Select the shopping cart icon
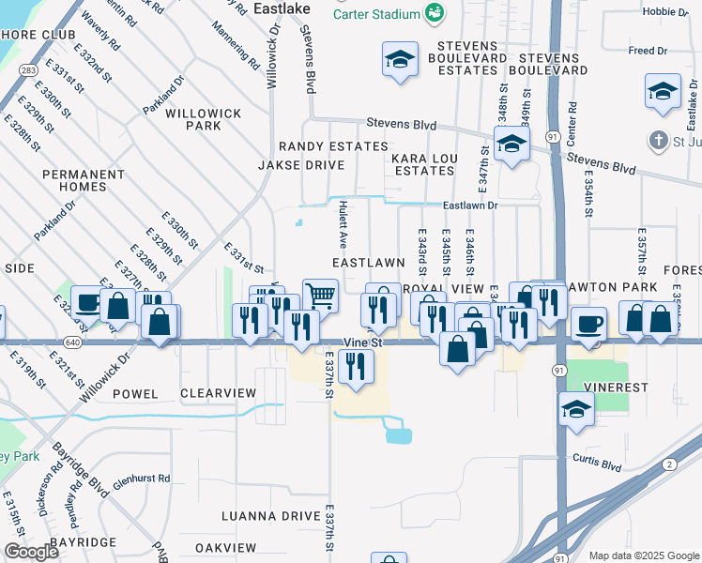point(320,296)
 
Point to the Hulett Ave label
point(344,221)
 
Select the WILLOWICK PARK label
point(204,119)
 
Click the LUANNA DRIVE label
point(270,516)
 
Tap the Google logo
point(32,553)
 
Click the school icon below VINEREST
point(576,409)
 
